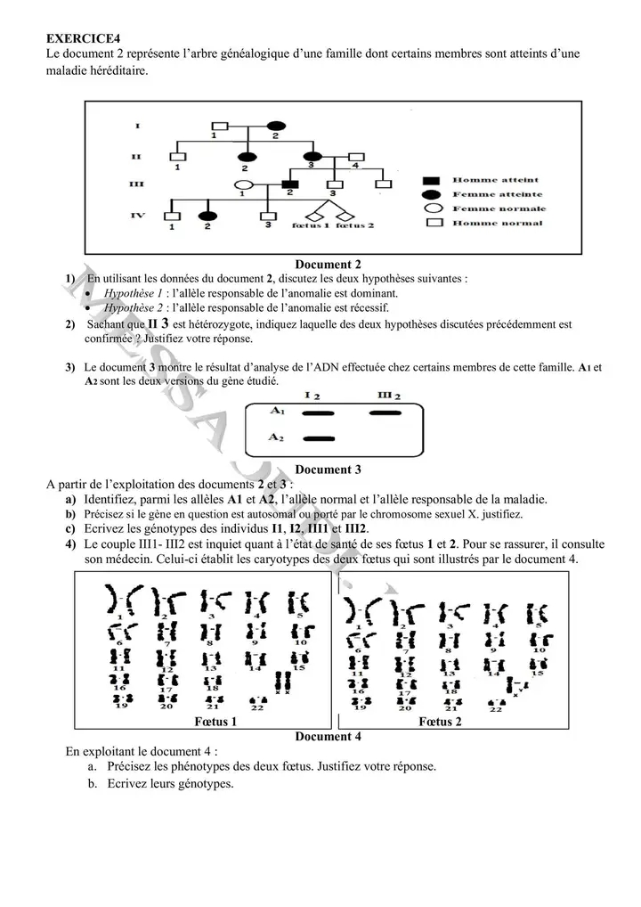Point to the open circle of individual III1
click(239, 186)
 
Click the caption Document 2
click(327, 264)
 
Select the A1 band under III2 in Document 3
click(385, 413)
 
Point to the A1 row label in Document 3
click(276, 411)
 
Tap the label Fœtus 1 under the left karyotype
click(215, 722)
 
